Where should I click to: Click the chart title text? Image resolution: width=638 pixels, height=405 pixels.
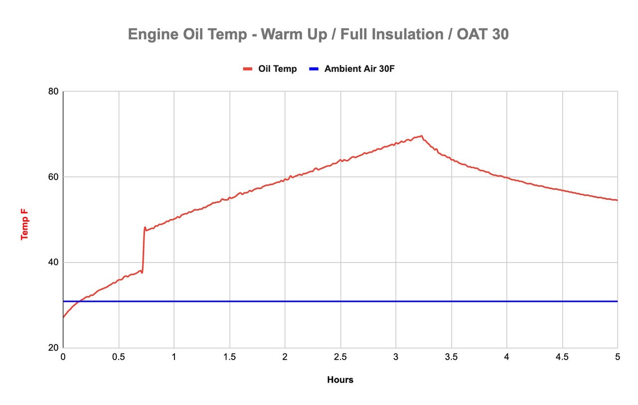point(318,34)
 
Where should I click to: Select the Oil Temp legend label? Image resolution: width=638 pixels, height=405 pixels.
point(277,69)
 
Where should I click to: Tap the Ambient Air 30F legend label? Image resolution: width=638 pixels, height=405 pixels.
point(359,69)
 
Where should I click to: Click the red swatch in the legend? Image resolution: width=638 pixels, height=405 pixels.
point(248,69)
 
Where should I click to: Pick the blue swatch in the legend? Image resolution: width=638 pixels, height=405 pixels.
point(314,69)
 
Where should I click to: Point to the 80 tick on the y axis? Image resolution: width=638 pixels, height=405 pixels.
point(53,92)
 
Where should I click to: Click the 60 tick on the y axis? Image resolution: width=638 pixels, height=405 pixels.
point(53,177)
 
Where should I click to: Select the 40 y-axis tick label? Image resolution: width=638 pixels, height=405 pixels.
point(53,263)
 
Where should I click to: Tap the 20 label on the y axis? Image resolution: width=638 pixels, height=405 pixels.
point(53,348)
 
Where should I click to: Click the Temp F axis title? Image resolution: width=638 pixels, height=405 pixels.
point(24,224)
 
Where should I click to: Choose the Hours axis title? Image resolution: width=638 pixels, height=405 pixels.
point(340,380)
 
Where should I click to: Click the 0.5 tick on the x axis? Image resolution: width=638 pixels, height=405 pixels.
point(119,357)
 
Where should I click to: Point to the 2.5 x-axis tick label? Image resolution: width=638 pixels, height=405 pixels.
point(340,357)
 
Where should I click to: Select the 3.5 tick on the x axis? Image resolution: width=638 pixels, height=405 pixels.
point(451,357)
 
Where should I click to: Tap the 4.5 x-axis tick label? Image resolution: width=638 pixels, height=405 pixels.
point(562,357)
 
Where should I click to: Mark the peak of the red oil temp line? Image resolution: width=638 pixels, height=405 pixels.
point(421,135)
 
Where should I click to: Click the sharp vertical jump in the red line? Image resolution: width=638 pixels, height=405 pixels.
point(144,249)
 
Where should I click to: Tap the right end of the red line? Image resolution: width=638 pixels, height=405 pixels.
point(617,200)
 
